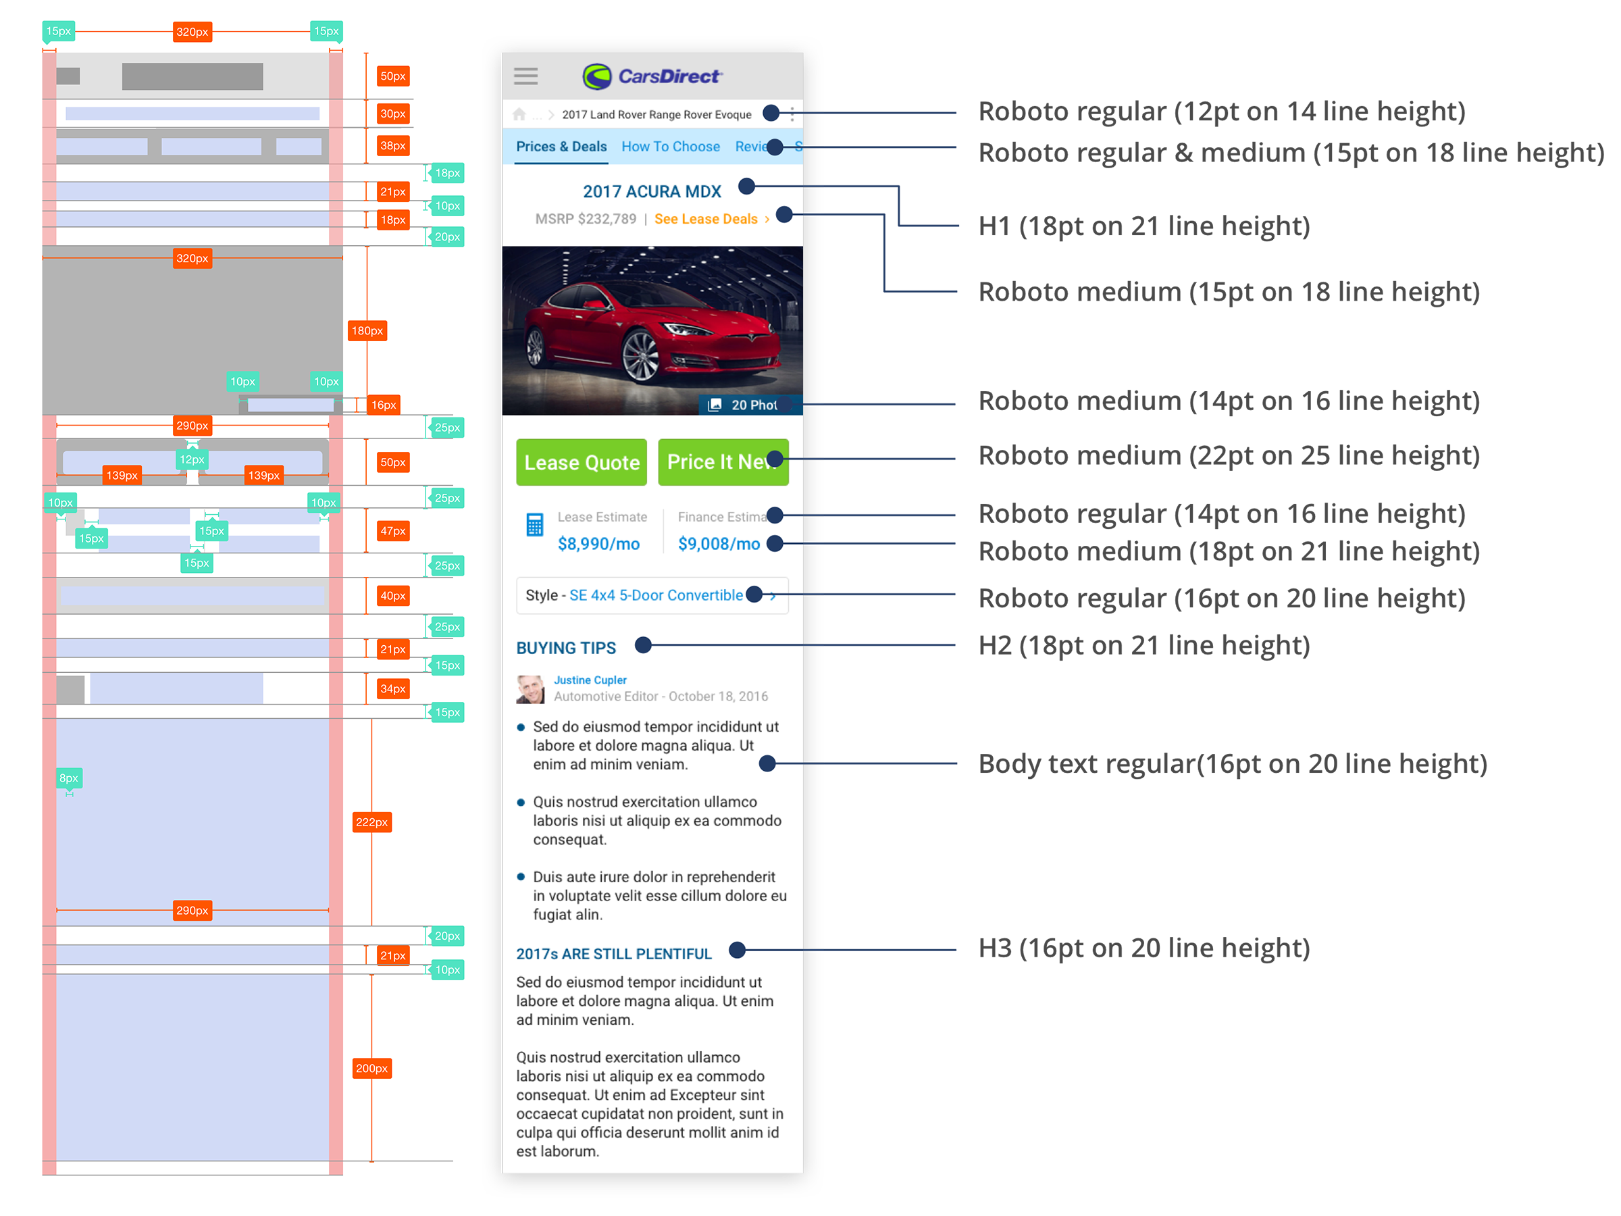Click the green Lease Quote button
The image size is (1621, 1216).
(581, 463)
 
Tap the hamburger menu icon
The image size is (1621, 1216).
(525, 76)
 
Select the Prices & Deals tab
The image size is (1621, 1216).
(561, 147)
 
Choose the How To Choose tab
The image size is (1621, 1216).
(671, 147)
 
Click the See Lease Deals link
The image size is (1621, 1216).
(706, 219)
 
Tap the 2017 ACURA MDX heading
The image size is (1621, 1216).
(652, 192)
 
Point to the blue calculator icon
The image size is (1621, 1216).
(535, 525)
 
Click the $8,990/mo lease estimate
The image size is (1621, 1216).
(598, 544)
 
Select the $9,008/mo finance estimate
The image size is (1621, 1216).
(719, 544)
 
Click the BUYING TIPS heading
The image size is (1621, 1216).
(567, 648)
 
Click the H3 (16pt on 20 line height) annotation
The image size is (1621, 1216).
(1144, 948)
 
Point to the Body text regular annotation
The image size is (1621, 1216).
(1233, 764)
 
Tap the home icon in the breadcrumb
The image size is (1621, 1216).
(519, 114)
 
